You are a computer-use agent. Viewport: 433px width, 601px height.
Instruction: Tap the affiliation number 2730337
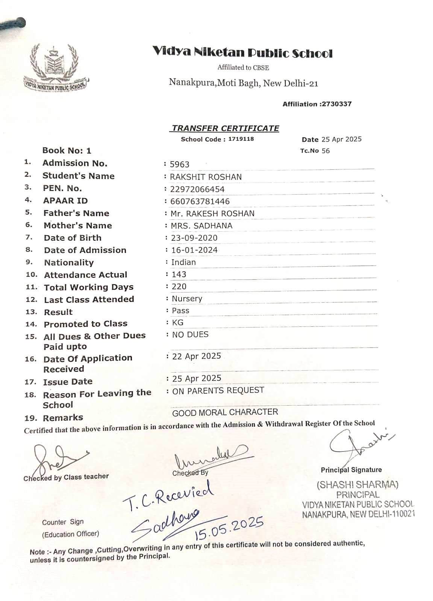(x=336, y=104)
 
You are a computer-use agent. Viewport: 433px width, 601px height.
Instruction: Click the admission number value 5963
(x=180, y=164)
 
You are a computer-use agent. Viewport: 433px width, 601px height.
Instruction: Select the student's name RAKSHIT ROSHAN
(x=206, y=177)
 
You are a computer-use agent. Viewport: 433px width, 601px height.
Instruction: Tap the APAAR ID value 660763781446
(x=200, y=201)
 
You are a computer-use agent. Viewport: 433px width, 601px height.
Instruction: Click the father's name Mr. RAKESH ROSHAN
(x=212, y=213)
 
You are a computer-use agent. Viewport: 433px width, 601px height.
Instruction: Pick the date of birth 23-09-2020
(x=194, y=238)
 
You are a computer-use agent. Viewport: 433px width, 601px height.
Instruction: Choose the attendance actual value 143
(x=179, y=274)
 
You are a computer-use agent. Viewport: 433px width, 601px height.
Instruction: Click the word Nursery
(x=187, y=299)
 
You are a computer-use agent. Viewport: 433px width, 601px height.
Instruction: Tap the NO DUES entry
(x=190, y=334)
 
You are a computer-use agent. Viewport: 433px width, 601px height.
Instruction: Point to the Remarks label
(x=63, y=418)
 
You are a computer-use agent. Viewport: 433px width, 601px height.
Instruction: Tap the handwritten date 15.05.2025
(x=229, y=529)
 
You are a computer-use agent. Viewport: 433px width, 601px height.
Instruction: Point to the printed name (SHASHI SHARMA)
(x=357, y=485)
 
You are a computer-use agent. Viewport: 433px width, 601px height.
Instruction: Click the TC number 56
(x=326, y=151)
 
